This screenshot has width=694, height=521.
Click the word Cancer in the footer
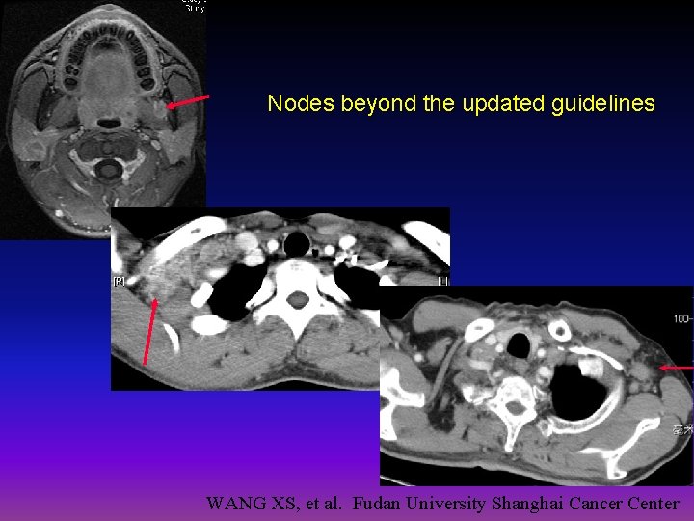[596, 503]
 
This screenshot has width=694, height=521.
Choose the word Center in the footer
[653, 503]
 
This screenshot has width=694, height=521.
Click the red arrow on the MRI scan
[189, 100]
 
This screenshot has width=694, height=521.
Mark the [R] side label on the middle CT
[120, 281]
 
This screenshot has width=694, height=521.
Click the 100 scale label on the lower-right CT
[681, 317]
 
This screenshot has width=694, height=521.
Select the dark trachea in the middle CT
[297, 240]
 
